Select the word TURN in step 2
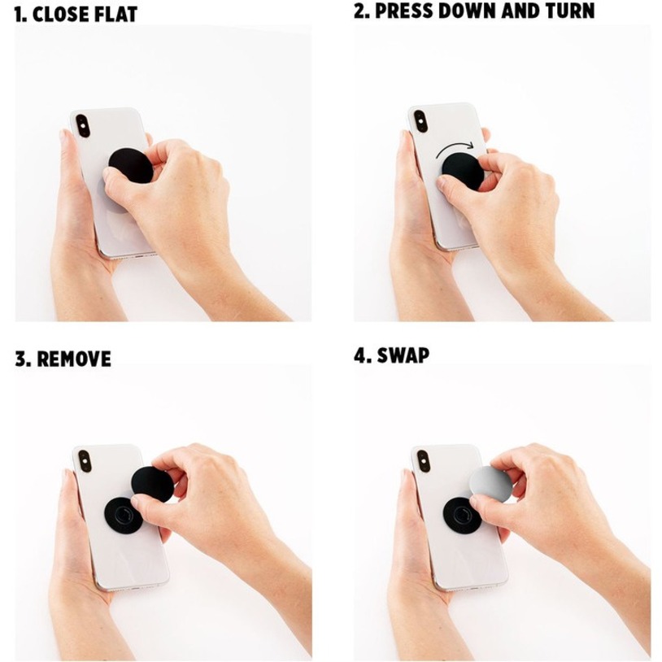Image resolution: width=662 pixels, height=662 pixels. point(569,11)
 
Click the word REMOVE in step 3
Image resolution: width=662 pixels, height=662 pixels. point(74,359)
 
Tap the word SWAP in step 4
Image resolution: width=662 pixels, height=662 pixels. point(403,355)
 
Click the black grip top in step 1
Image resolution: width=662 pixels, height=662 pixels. point(130,166)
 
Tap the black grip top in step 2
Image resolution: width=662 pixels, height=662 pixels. point(463,172)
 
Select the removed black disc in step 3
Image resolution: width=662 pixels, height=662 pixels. point(152,484)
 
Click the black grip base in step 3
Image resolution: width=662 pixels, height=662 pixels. point(123,515)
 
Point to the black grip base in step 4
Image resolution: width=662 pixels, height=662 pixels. point(461,515)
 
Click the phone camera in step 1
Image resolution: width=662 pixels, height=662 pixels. point(82,125)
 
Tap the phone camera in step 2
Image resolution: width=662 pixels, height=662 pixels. point(420,121)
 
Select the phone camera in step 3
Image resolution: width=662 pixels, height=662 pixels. point(85,462)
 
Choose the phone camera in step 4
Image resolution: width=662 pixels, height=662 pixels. point(423,461)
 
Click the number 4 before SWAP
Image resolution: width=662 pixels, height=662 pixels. point(361,355)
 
